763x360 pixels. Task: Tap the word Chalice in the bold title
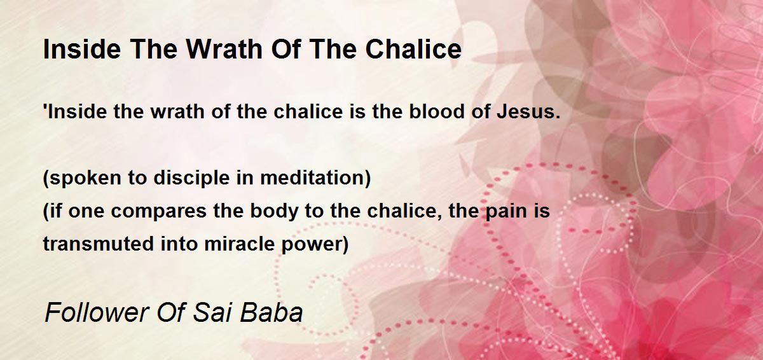point(413,49)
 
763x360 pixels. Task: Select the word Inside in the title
point(82,49)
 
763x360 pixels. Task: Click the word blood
point(437,111)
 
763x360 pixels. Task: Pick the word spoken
point(82,178)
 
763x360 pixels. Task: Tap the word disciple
point(191,178)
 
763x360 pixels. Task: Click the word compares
point(159,212)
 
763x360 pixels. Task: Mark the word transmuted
point(99,244)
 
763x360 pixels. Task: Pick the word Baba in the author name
point(272,312)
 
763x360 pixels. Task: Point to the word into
point(179,244)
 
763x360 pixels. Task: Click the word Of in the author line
point(170,312)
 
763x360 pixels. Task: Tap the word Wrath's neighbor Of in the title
point(286,49)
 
